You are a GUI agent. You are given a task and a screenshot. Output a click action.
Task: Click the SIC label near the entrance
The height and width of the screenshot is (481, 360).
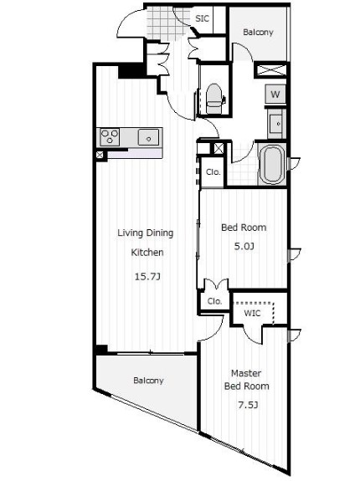[x=203, y=18]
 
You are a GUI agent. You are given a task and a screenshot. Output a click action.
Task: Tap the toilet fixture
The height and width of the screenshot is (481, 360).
[x=214, y=99]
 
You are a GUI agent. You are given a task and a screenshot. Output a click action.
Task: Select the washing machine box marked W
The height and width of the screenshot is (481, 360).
[x=275, y=94]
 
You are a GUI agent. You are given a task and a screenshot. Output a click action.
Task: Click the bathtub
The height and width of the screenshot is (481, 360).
[x=273, y=164]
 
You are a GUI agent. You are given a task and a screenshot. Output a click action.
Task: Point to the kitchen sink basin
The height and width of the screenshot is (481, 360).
[x=148, y=137]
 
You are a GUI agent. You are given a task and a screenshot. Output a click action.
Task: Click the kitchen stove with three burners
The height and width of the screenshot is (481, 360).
[x=110, y=137]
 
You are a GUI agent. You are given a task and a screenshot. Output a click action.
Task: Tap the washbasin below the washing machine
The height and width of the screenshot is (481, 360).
[x=275, y=124]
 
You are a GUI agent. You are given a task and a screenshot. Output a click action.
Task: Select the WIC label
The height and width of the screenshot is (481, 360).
[x=252, y=313]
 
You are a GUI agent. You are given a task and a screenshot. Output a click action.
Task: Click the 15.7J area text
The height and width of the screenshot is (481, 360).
[x=147, y=277]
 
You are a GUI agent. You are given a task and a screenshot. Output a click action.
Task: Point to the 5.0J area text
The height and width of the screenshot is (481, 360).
[x=244, y=246]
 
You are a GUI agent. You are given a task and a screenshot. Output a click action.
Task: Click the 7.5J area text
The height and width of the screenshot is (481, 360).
[x=248, y=405]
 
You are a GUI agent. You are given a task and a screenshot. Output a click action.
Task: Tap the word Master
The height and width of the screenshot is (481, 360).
[x=246, y=373]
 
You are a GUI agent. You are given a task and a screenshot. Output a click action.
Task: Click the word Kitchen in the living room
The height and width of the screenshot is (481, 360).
[x=147, y=253]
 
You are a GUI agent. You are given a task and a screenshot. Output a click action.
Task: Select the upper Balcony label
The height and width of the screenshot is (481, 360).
[x=258, y=33]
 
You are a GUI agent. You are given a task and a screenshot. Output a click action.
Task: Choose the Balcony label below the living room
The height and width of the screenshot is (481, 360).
[x=148, y=381]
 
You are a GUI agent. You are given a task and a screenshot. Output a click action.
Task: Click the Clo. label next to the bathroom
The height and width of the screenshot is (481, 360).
[x=213, y=172]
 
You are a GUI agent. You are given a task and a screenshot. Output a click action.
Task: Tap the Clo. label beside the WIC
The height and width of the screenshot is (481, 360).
[x=214, y=301]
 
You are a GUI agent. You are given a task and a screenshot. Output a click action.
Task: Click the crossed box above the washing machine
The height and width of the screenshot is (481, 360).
[x=271, y=70]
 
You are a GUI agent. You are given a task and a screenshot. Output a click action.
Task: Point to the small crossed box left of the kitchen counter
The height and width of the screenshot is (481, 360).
[x=100, y=155]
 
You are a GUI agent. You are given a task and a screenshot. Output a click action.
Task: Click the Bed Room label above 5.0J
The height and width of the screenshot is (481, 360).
[x=244, y=228]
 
